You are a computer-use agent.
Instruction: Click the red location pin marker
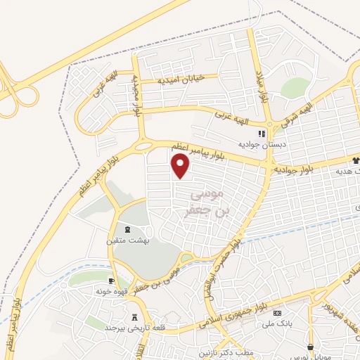[x=181, y=165]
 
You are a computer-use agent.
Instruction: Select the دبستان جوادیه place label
[x=262, y=144]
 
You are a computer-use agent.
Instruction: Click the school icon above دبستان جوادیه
[x=262, y=134]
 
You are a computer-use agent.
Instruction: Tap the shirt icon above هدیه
[x=356, y=161]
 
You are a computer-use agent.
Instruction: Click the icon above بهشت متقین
[x=127, y=230]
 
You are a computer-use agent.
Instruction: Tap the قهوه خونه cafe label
[x=112, y=290]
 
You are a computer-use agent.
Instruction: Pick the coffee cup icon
[x=112, y=280]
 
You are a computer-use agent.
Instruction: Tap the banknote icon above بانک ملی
[x=277, y=313]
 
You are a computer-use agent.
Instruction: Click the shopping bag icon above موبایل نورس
[x=310, y=346]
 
